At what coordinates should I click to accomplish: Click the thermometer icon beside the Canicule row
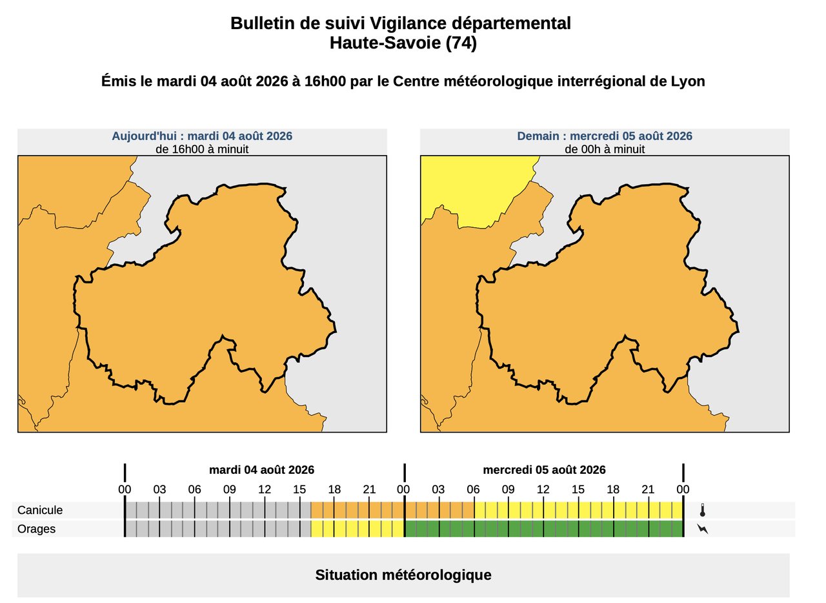[x=703, y=510]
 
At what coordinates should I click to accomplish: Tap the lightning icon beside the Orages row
[x=703, y=529]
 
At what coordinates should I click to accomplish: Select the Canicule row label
[x=40, y=510]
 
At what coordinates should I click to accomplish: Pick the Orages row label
[x=36, y=529]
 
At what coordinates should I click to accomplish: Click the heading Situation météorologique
[x=403, y=575]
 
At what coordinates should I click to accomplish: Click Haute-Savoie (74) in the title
[x=403, y=43]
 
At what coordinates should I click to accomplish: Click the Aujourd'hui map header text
[x=202, y=136]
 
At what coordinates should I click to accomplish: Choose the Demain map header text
[x=605, y=136]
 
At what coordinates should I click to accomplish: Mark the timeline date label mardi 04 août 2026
[x=262, y=470]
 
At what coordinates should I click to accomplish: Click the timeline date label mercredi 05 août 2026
[x=544, y=470]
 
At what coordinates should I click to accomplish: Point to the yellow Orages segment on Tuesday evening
[x=358, y=529]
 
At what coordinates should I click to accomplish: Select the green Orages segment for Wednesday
[x=544, y=529]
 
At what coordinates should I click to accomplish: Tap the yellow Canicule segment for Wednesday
[x=579, y=510]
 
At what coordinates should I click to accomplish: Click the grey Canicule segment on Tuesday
[x=218, y=510]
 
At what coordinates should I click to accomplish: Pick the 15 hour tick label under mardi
[x=299, y=490]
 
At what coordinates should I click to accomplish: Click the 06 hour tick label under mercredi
[x=473, y=490]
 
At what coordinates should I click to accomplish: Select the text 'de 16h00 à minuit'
[x=202, y=149]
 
